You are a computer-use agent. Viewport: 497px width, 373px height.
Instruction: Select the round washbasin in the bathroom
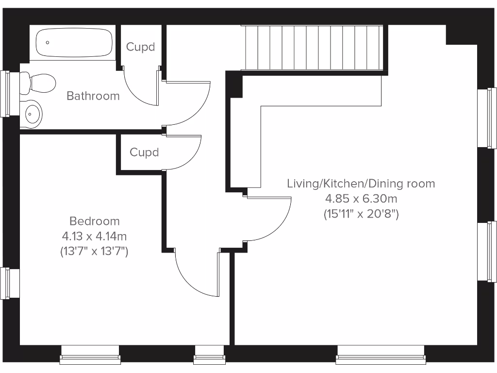pos(33,114)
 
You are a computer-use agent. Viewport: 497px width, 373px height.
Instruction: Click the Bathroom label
pos(93,96)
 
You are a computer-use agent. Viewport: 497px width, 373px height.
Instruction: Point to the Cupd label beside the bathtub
pos(140,47)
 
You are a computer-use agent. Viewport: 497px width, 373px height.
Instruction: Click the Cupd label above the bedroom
pos(144,152)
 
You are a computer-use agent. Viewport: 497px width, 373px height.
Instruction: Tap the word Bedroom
pos(94,221)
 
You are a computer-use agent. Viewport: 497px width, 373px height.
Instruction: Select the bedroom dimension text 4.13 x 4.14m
pos(94,236)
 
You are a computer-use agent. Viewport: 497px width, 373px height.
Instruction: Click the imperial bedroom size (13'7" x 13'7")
pos(94,251)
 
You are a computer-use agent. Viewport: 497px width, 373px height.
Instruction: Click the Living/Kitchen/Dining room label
pos(361,184)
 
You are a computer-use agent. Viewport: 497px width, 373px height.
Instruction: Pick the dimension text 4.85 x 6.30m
pos(361,199)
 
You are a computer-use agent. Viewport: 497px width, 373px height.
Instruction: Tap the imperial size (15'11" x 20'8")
pos(361,214)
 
